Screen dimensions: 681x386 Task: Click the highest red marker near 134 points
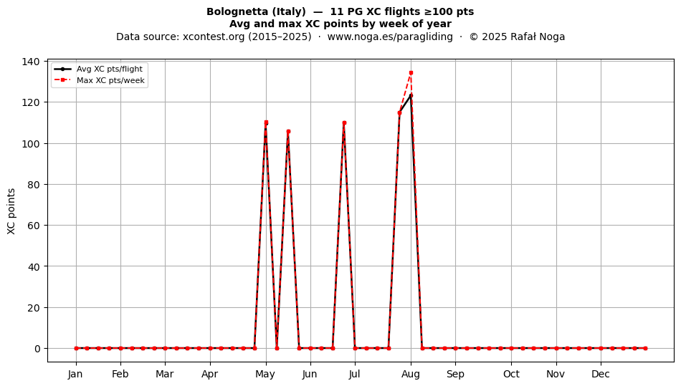411,73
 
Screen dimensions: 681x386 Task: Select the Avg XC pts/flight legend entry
99,69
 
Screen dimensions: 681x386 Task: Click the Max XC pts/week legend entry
100,80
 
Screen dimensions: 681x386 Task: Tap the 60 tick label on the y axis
34,226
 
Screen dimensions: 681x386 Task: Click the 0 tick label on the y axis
37,349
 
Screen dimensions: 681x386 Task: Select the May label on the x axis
265,374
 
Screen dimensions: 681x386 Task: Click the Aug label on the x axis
411,374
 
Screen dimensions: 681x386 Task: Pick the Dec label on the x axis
601,374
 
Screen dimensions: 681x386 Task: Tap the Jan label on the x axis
75,374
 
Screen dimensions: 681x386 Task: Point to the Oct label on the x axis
511,374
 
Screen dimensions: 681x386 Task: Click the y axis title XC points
11,211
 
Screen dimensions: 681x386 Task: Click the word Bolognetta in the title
233,11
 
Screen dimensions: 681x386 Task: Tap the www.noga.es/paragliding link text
390,37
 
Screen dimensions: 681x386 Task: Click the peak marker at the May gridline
266,122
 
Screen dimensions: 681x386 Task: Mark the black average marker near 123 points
411,95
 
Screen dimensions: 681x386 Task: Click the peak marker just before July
344,123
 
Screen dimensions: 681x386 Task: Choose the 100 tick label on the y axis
31,143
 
